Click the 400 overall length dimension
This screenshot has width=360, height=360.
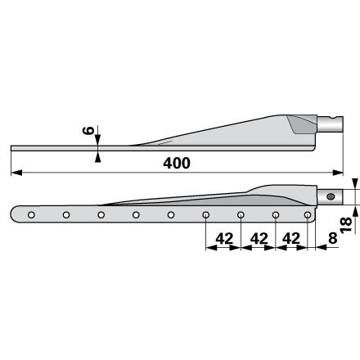[177, 163]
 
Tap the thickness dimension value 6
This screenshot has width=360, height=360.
[88, 131]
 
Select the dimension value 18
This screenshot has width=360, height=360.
[346, 225]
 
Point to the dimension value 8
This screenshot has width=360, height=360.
[333, 238]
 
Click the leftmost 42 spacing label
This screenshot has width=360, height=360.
[224, 239]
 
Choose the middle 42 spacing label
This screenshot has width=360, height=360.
[259, 239]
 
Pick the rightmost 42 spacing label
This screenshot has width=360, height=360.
[291, 239]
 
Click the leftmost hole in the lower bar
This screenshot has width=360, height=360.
[31, 215]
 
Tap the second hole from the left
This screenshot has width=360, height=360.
[66, 215]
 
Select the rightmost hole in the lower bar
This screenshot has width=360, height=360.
[308, 215]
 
